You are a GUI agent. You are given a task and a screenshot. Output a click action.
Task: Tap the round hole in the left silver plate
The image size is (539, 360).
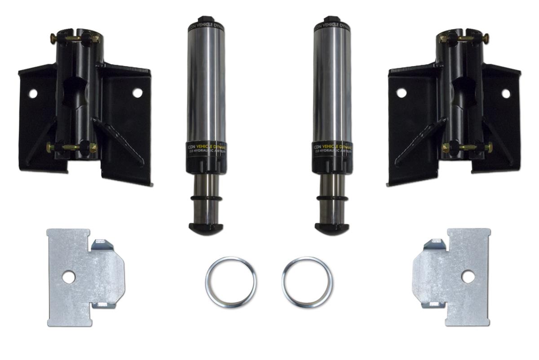[x=69, y=277]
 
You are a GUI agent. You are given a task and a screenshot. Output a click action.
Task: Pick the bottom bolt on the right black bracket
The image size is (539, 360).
[x=467, y=147]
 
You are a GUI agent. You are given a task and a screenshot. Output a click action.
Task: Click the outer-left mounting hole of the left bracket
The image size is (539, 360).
[x=32, y=93]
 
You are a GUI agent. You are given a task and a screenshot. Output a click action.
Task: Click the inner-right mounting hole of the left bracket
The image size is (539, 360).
[x=137, y=93]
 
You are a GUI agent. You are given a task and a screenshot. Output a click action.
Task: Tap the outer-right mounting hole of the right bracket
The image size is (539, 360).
[x=506, y=93]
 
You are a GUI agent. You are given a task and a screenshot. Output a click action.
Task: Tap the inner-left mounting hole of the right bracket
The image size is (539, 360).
[x=401, y=93]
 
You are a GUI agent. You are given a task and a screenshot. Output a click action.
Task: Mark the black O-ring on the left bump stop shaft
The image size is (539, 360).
[x=205, y=198]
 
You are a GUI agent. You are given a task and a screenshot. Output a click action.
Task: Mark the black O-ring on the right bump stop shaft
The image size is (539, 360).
[x=333, y=198]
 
